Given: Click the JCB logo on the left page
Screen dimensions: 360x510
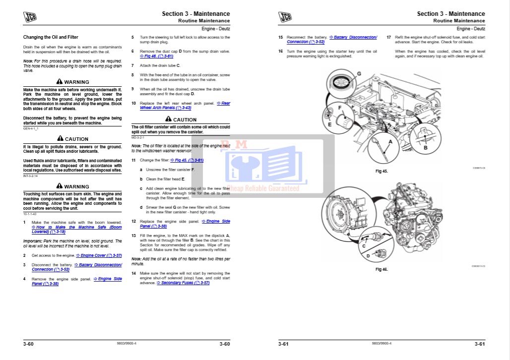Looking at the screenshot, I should pyautogui.click(x=30, y=17).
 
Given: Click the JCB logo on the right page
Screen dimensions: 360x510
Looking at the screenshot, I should pyautogui.click(x=285, y=17).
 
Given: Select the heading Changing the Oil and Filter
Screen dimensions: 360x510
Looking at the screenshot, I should pyautogui.click(x=51, y=37).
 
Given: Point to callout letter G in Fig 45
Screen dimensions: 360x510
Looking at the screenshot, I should pyautogui.click(x=358, y=74).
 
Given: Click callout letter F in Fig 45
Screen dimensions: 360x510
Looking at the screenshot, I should pyautogui.click(x=340, y=107).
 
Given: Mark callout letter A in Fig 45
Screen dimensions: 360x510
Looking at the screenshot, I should pyautogui.click(x=390, y=141).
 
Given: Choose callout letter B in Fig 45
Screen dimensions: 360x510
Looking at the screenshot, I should pyautogui.click(x=425, y=147).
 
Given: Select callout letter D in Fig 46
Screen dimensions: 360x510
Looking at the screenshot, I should pyautogui.click(x=368, y=256).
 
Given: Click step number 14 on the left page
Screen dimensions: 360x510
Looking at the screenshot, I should pyautogui.click(x=133, y=273).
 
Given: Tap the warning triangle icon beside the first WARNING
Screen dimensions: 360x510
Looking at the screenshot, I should pyautogui.click(x=60, y=81).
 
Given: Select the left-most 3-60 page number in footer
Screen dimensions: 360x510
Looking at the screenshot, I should pyautogui.click(x=28, y=344).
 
